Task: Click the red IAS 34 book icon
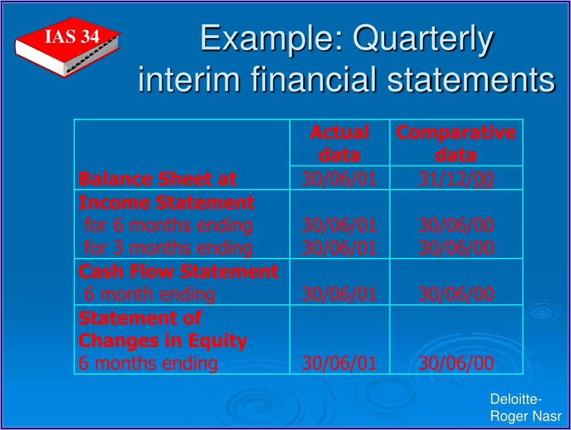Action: click(67, 46)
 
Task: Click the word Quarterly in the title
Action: click(423, 39)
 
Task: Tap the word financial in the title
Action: click(313, 79)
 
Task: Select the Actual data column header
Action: click(340, 143)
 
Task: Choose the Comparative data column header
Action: click(456, 143)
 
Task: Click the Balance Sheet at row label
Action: click(158, 179)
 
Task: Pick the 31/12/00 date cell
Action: click(456, 179)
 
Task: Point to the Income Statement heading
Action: click(166, 202)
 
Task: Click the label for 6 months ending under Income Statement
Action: click(168, 225)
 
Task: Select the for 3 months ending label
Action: click(168, 248)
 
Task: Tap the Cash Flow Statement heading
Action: click(179, 271)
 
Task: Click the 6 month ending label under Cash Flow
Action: click(150, 294)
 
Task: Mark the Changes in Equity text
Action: click(163, 341)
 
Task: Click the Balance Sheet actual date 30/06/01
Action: click(340, 179)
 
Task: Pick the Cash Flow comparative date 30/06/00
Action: click(456, 294)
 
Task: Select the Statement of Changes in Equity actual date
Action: click(340, 363)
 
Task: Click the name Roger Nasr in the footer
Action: click(526, 416)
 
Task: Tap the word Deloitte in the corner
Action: click(514, 400)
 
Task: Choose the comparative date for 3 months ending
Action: click(456, 248)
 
